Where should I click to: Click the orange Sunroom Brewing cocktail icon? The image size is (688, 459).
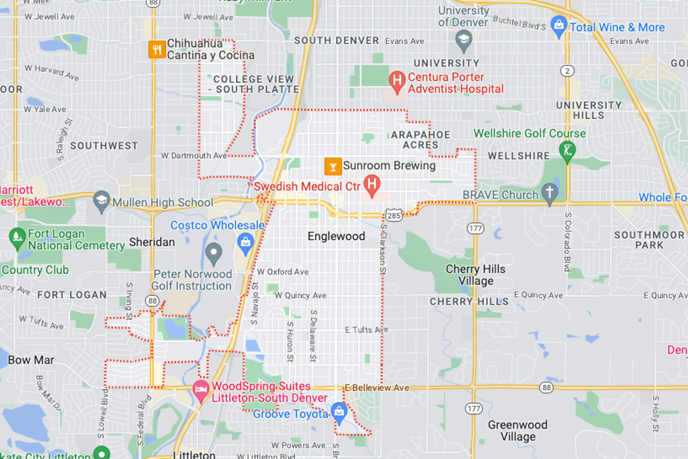click(x=333, y=167)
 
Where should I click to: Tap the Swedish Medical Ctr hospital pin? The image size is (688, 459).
click(x=372, y=184)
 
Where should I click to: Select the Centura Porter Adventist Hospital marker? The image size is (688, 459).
click(x=397, y=81)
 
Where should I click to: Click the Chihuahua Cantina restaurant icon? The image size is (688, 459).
click(x=157, y=49)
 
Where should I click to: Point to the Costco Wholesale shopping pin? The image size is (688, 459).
click(x=245, y=243)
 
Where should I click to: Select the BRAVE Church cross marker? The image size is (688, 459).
click(x=550, y=192)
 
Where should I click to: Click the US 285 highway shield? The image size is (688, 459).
click(x=393, y=216)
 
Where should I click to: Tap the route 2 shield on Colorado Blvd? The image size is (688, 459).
click(x=567, y=71)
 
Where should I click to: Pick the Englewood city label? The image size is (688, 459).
click(x=336, y=236)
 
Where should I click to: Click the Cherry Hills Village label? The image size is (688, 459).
click(x=475, y=275)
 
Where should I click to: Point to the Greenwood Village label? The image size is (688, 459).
click(x=517, y=431)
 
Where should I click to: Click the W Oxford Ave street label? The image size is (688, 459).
click(x=283, y=272)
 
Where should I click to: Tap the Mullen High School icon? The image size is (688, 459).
click(x=101, y=201)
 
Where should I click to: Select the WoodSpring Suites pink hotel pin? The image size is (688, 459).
click(x=201, y=390)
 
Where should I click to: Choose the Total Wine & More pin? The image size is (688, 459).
click(x=558, y=25)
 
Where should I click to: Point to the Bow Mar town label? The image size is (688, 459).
click(x=31, y=360)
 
